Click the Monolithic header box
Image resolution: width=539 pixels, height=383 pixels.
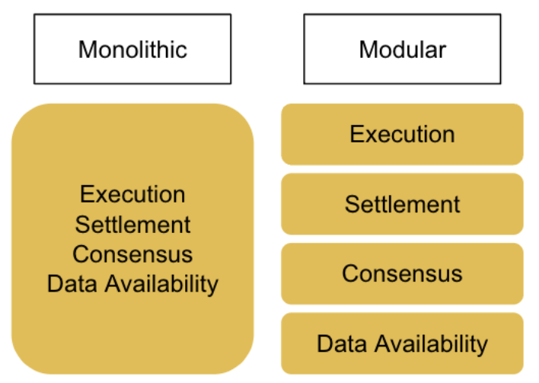click(132, 49)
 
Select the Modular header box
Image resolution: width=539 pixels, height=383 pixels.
click(402, 49)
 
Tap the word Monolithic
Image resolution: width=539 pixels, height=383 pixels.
click(132, 49)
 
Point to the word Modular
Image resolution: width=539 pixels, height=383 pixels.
click(403, 49)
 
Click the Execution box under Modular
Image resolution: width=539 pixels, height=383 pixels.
click(402, 134)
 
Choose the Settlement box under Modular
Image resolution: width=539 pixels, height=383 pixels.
click(402, 204)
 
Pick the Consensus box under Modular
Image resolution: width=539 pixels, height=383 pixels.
click(402, 273)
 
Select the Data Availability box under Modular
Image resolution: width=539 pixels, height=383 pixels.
click(402, 343)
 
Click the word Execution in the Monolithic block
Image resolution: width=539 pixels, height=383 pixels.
click(132, 194)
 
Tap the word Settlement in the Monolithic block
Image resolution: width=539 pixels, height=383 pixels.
click(132, 225)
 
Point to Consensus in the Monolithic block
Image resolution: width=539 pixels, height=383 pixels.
click(132, 254)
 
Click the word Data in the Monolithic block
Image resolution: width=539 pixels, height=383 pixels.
click(72, 284)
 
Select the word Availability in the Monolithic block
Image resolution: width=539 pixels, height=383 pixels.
click(161, 285)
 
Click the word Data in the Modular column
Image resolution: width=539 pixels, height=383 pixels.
click(342, 343)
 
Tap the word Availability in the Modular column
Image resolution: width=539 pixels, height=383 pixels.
click(431, 344)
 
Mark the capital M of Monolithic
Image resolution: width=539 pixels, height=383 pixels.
click(88, 49)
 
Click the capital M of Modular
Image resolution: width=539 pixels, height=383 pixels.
click(368, 49)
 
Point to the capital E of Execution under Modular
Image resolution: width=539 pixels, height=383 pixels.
click(357, 134)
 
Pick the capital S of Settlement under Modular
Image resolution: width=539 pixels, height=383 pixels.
click(352, 204)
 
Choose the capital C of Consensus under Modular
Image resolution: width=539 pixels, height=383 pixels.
click(351, 273)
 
